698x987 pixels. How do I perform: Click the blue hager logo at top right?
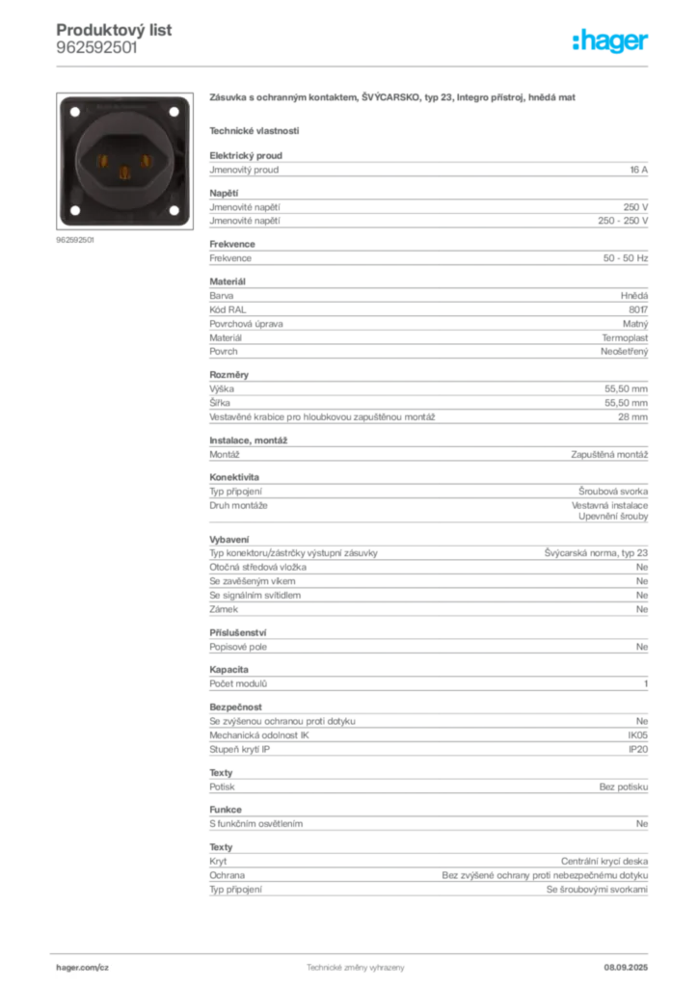click(x=611, y=41)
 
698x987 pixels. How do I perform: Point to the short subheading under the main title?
click(x=255, y=130)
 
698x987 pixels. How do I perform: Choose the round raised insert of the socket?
click(x=123, y=160)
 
